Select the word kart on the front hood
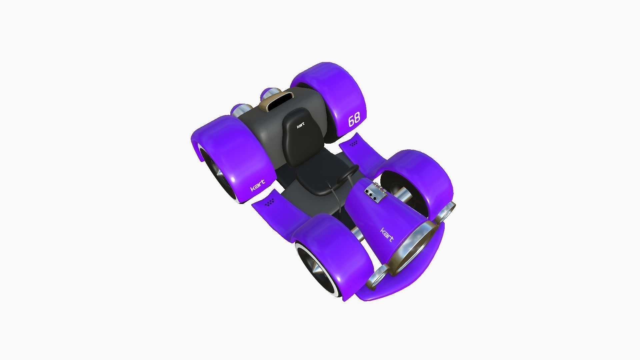387,235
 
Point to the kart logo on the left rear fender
257,186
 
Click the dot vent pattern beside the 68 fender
353,144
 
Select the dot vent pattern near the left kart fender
269,202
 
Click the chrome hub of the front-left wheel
317,268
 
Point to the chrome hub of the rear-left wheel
220,178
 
